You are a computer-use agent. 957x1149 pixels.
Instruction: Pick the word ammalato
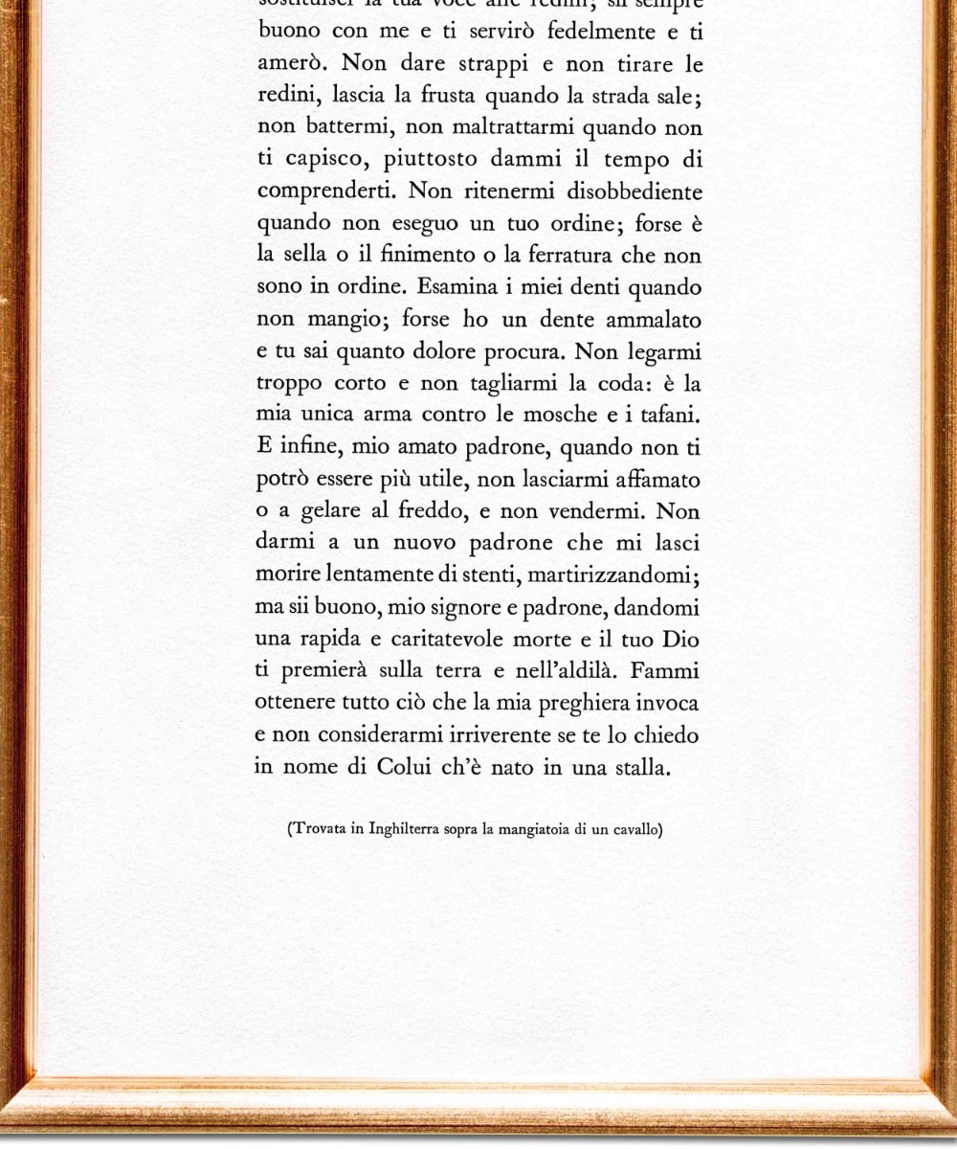tap(649, 319)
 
